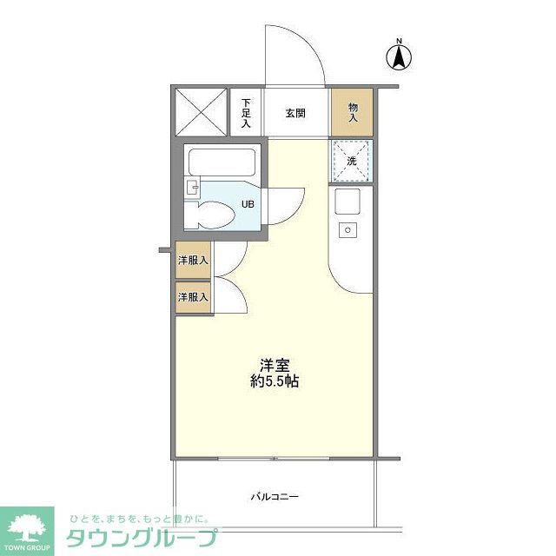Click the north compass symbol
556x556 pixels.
(x=399, y=56)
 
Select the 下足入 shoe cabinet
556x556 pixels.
(x=246, y=112)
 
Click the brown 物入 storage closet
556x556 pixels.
(x=353, y=111)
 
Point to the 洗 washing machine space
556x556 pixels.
(x=352, y=161)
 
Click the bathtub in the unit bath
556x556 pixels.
(x=221, y=162)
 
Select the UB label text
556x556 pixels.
(x=248, y=205)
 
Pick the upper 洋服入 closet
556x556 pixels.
(x=193, y=261)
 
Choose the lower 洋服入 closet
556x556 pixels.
(x=193, y=297)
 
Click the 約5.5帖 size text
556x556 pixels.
(x=275, y=381)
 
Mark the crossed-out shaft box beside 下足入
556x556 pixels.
(x=202, y=112)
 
